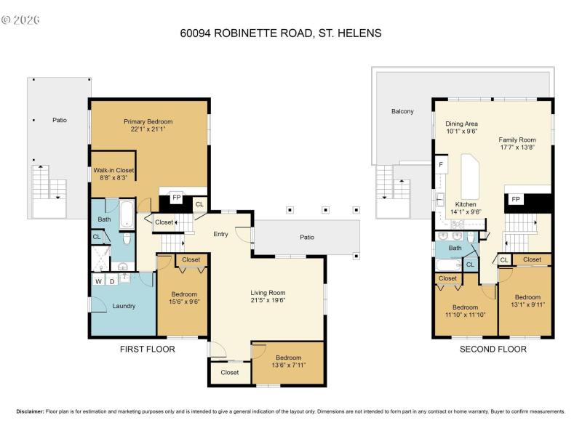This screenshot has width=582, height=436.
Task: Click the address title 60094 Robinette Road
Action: coord(280,33)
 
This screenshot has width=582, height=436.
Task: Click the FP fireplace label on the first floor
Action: coord(176,196)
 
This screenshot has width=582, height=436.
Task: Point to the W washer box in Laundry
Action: coord(98,280)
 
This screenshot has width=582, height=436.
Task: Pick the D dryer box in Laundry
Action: coord(112,280)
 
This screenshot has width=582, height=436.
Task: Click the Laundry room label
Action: coord(124,306)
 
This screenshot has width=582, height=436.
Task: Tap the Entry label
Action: coord(221,234)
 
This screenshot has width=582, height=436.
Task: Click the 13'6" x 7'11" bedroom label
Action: coord(288,361)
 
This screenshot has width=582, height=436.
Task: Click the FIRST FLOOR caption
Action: coord(147,350)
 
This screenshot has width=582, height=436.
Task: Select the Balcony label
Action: coord(402,111)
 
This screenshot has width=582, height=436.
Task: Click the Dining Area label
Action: coord(461,128)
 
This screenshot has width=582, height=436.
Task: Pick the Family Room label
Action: coord(517,143)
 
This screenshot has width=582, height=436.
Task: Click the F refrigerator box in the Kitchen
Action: coord(441,165)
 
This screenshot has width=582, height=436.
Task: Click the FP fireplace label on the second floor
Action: coord(516,198)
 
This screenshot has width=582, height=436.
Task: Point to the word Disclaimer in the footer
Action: coord(30,411)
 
